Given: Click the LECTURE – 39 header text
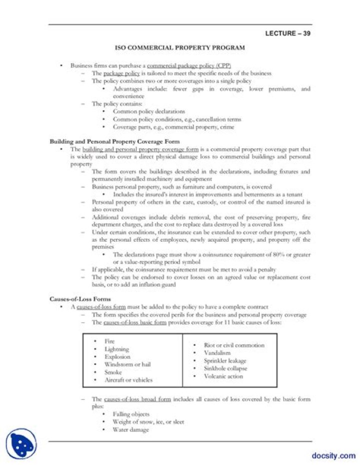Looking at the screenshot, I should pos(288,34).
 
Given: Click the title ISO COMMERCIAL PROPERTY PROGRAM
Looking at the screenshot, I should pos(180,48).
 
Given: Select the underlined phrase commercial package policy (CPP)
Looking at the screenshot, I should pos(189,66).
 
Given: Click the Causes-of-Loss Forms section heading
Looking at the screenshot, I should pos(80,299).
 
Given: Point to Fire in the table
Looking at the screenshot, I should pos(109,341).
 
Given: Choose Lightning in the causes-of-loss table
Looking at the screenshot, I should pos(116,349).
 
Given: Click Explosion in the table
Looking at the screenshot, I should pos(117,357).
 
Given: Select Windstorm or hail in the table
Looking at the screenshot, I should pos(127,364).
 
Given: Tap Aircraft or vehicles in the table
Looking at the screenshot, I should pos(128,380).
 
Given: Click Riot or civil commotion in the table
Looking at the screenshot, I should pos(234,345).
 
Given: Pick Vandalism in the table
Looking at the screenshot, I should pos(217,353).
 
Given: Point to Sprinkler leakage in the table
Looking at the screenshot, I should pos(225,361).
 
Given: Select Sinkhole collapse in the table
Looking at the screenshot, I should pos(225,368).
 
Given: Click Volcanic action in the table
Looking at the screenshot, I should pos(223,376).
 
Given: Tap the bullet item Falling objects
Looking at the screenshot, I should pos(131,414).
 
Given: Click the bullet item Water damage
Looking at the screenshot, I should pos(130,429).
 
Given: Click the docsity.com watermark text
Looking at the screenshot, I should pos(333,455).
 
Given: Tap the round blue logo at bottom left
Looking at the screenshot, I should pos(21,444).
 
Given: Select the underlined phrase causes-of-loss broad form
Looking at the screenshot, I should pos(137,399).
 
